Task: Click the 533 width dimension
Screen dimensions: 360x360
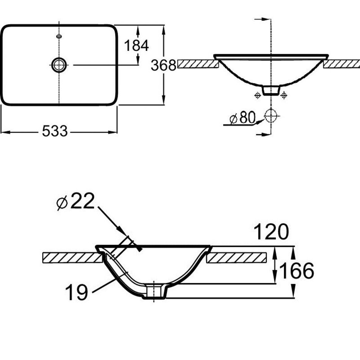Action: pyautogui.click(x=55, y=131)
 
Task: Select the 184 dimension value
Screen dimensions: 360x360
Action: pyautogui.click(x=136, y=45)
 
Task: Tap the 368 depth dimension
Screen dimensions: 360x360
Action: pyautogui.click(x=163, y=65)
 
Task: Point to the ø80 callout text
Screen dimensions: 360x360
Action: pyautogui.click(x=243, y=118)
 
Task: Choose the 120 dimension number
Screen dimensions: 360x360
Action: pyautogui.click(x=271, y=232)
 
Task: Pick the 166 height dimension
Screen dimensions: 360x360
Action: pyautogui.click(x=296, y=271)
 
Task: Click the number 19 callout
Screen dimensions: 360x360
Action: pyautogui.click(x=77, y=292)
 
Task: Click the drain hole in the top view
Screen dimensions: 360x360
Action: pyautogui.click(x=59, y=65)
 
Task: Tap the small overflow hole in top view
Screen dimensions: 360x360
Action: pyautogui.click(x=59, y=36)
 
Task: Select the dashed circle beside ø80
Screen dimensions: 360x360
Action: pyautogui.click(x=271, y=116)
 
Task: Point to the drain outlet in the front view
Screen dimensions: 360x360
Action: pyautogui.click(x=271, y=90)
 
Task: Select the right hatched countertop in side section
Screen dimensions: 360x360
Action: pyautogui.click(x=237, y=257)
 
